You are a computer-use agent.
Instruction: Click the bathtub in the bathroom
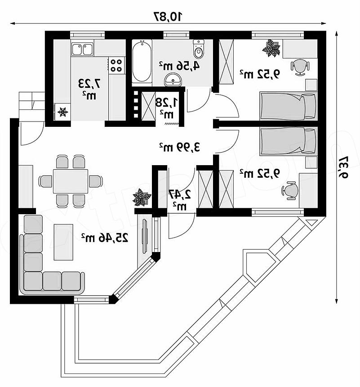tap(142, 62)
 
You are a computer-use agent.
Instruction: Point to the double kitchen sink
tap(82, 48)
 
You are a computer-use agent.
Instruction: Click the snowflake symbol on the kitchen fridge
tap(62, 111)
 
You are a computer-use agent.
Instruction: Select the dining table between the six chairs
tap(71, 181)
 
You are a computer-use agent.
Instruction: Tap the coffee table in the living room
tap(63, 242)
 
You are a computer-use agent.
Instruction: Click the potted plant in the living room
tap(142, 198)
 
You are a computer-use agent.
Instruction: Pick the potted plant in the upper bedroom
tap(271, 48)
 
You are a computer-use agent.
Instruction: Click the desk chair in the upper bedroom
tap(300, 66)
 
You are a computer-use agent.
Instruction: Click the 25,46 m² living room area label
tap(105, 237)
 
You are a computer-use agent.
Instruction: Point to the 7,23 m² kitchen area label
tap(89, 88)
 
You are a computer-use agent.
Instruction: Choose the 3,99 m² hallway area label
tap(179, 146)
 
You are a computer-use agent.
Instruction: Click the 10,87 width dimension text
tap(168, 17)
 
